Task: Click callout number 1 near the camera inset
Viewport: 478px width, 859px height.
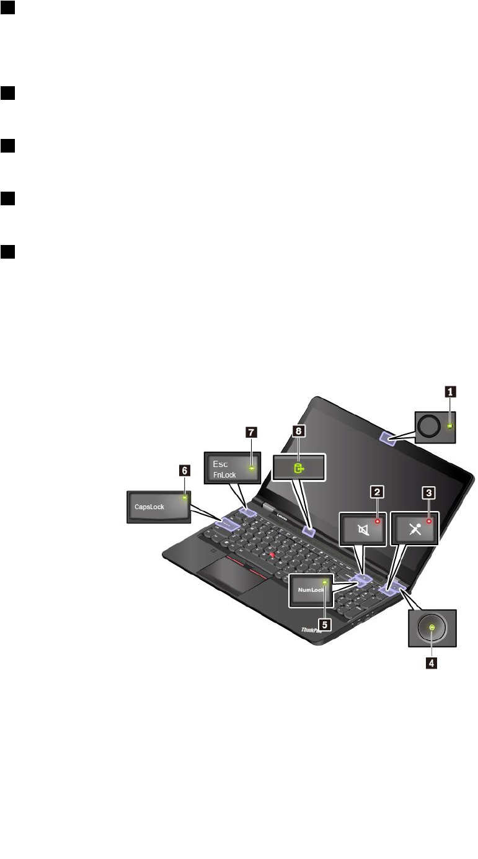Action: point(451,391)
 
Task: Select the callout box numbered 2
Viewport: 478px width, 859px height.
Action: point(376,492)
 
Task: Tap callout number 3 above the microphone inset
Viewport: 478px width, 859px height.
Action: point(428,492)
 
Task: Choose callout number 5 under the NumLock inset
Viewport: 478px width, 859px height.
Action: point(325,625)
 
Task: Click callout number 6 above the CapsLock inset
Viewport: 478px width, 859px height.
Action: point(184,471)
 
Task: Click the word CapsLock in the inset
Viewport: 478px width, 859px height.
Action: point(149,506)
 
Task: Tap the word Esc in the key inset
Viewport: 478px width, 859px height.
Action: point(221,463)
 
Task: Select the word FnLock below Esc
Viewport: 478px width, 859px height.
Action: point(224,475)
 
